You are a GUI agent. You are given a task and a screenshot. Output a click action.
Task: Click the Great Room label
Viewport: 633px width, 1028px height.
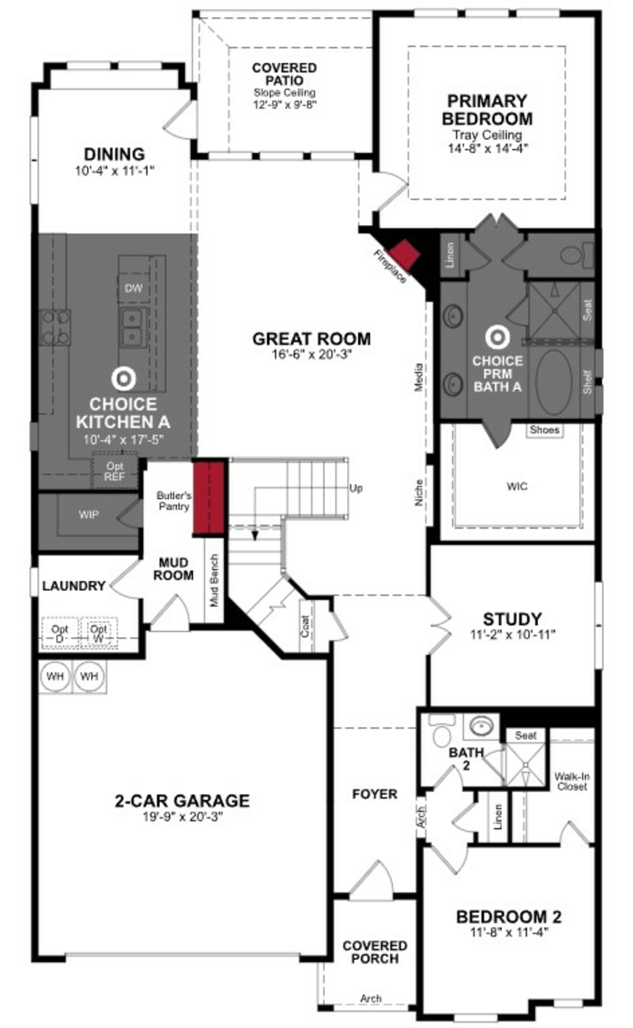(312, 339)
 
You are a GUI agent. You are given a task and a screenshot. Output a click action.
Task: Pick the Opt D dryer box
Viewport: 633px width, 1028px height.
(60, 633)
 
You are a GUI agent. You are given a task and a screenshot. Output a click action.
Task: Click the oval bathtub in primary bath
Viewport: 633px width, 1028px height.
(554, 382)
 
